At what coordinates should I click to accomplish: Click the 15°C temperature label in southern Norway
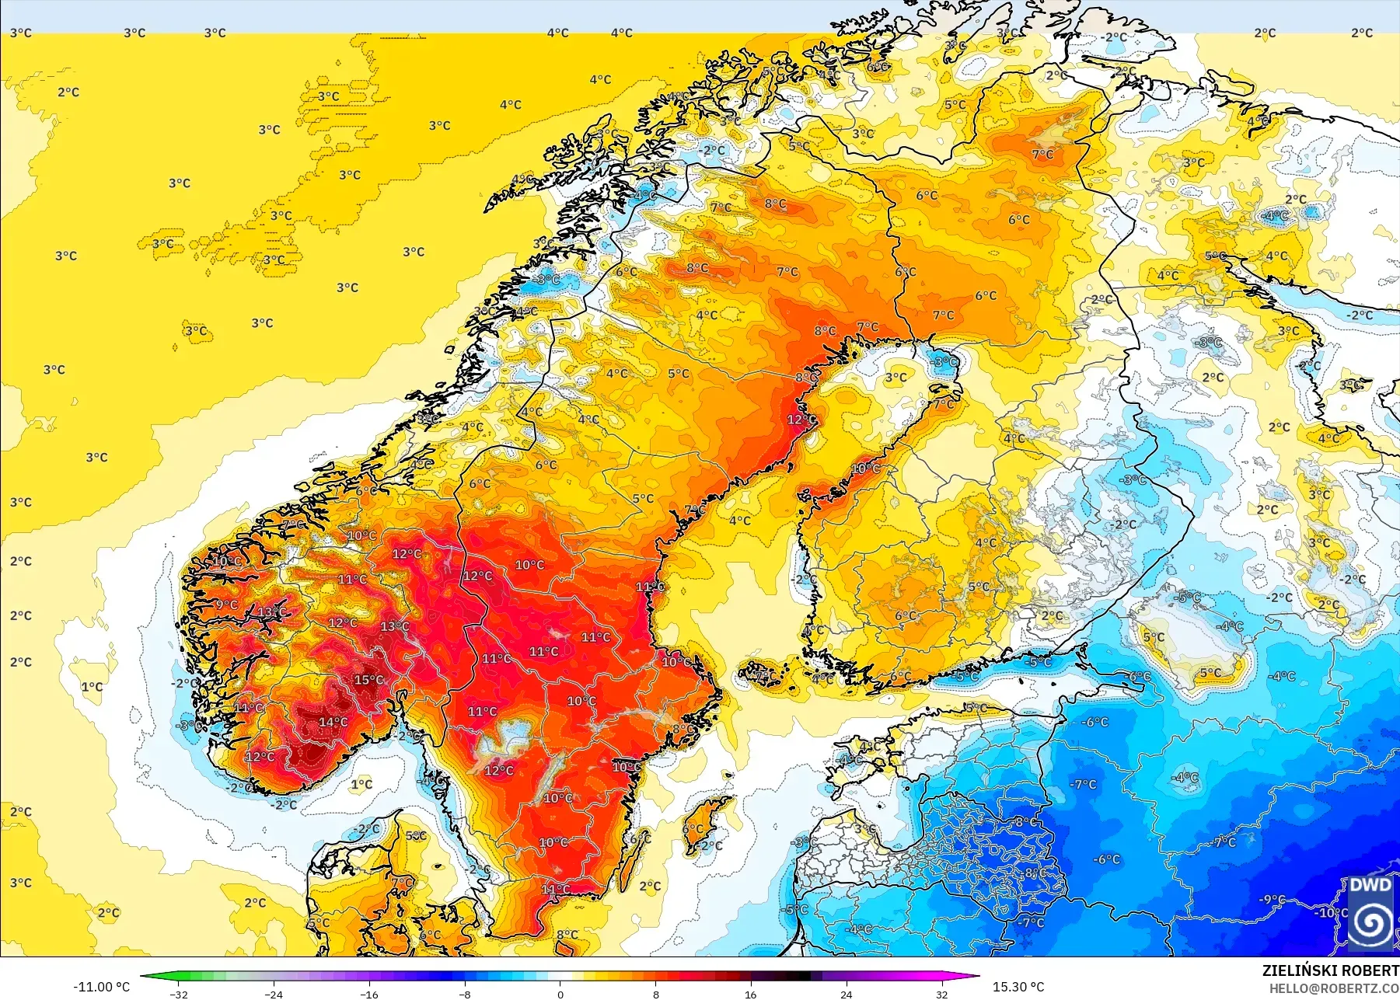[x=368, y=680]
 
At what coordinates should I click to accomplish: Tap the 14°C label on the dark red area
[x=333, y=722]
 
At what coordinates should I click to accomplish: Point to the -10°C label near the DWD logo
[x=1331, y=912]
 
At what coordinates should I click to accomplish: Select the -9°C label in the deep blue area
[x=1272, y=899]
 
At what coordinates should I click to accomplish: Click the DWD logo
[x=1370, y=912]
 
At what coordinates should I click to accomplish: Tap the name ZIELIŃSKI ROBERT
[x=1330, y=970]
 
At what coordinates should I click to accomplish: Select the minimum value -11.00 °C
[x=101, y=987]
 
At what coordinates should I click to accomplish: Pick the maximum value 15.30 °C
[x=1018, y=987]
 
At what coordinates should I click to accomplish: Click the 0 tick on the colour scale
[x=560, y=994]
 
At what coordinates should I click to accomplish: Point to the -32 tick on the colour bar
[x=179, y=994]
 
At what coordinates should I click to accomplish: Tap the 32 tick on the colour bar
[x=941, y=994]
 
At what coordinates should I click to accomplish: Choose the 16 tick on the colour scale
[x=750, y=994]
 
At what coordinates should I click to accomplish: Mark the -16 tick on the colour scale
[x=369, y=994]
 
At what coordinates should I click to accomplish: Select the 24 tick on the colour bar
[x=846, y=994]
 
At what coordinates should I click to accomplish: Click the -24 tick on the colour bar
[x=274, y=994]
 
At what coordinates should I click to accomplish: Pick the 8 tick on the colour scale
[x=655, y=994]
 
